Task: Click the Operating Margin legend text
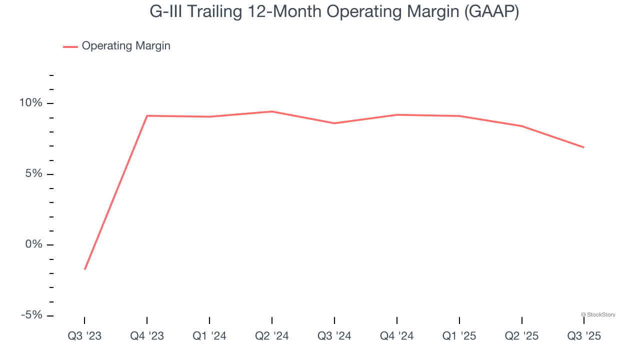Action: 126,46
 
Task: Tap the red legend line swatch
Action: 70,46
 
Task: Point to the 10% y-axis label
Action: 31,103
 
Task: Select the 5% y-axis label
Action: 34,174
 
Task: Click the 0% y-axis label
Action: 34,244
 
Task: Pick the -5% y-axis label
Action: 31,315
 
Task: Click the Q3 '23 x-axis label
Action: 84,336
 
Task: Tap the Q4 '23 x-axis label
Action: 147,336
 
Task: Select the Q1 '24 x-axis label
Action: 209,336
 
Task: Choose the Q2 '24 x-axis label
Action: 272,336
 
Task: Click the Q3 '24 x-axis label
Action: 334,336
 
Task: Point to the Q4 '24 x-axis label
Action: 397,336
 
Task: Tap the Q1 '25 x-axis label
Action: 459,336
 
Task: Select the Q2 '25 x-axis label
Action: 522,336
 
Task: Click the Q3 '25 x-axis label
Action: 584,336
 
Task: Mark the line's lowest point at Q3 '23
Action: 85,269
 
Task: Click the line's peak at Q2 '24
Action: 272,111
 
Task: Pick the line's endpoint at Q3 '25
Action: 584,147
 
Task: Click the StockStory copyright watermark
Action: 598,314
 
